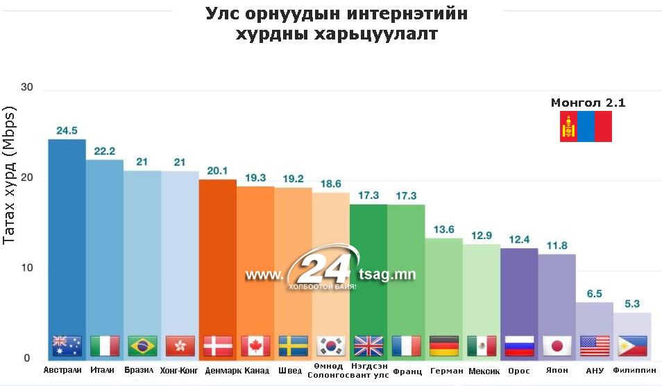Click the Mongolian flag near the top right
(586, 126)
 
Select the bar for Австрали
(67, 236)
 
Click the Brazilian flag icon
(142, 345)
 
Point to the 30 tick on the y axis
(27, 87)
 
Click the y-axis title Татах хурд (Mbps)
(10, 174)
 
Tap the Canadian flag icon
(255, 345)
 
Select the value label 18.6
(331, 184)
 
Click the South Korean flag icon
(331, 345)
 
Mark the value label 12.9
(482, 236)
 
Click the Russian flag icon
(519, 345)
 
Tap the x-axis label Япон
(557, 371)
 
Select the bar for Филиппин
(632, 326)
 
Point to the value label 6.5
(595, 294)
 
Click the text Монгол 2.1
(588, 103)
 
